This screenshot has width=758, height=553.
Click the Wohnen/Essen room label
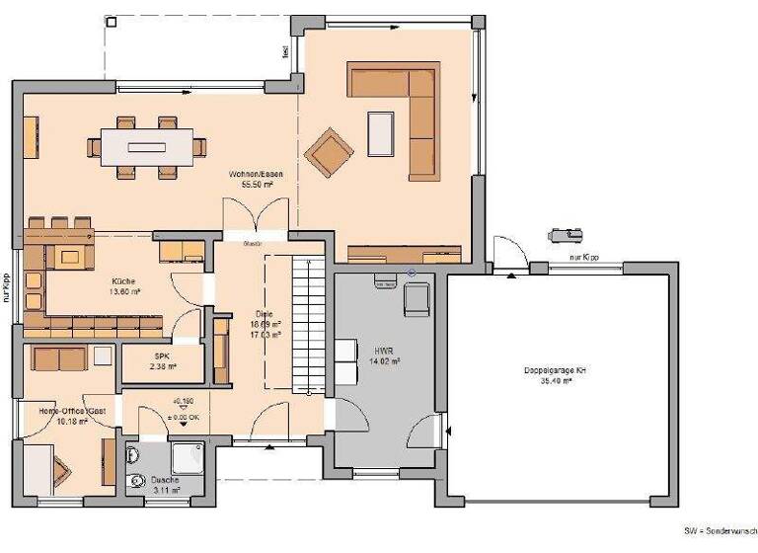pyautogui.click(x=251, y=174)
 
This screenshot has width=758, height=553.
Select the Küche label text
pyautogui.click(x=124, y=281)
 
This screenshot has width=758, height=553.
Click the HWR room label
pyautogui.click(x=383, y=352)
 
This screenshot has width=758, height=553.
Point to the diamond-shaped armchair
pyautogui.click(x=328, y=152)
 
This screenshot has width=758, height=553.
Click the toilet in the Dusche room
pyautogui.click(x=134, y=455)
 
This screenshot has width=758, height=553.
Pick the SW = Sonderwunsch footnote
pyautogui.click(x=720, y=530)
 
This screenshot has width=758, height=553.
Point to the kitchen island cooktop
pyautogui.click(x=70, y=257)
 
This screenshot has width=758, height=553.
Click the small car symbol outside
pyautogui.click(x=567, y=235)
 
